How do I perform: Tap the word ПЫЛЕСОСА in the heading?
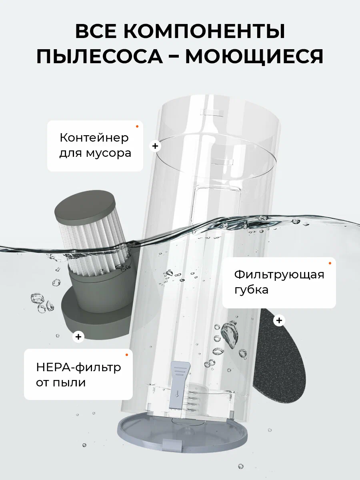pos(100,56)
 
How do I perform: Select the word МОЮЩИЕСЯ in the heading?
pos(254,56)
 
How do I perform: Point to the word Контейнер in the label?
pos(94,138)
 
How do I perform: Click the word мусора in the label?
pos(108,154)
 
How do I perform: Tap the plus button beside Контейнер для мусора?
pos(155,146)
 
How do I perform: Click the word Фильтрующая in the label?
pos(279,274)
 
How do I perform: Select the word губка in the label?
pos(251,290)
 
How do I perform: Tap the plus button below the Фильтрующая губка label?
pos(279,320)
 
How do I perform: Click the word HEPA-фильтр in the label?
pos(78,367)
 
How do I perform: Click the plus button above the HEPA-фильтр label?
pos(78,337)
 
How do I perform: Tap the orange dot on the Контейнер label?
pos(137,126)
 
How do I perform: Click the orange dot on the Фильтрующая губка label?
pos(330,263)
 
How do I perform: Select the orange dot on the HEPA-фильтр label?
pos(126,355)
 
